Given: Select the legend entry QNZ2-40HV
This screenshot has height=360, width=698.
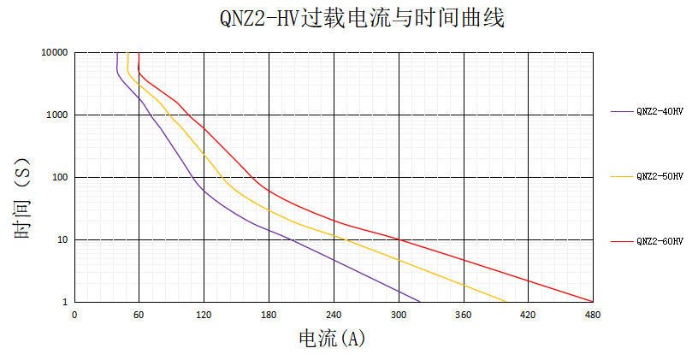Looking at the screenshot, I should point(660,111).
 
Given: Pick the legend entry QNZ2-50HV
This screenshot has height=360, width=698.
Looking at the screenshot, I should point(660,176).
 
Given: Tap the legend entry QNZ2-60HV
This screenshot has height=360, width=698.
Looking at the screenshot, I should point(660,242).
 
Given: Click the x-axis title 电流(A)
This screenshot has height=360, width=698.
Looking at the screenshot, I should point(332,339).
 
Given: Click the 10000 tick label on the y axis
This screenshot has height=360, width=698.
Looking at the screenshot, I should point(54,53).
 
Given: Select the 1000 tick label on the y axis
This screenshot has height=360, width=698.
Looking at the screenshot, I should point(56,115).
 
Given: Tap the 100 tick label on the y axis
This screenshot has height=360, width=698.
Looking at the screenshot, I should point(59,178).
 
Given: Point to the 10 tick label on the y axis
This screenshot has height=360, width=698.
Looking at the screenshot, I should point(62,240).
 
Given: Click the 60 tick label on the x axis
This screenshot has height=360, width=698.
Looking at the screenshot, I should point(139,315).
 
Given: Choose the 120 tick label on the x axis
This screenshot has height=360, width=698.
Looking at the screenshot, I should point(204,315).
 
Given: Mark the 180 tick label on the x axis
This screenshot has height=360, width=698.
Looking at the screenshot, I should point(269,315).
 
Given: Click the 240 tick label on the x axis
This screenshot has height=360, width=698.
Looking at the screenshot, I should point(334,315).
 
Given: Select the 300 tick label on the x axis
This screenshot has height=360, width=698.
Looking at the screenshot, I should point(399,315).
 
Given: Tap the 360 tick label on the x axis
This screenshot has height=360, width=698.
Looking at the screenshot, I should point(463,315).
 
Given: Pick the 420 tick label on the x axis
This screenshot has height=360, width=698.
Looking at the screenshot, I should point(528,315).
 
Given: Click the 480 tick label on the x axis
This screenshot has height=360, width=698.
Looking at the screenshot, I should point(593,315).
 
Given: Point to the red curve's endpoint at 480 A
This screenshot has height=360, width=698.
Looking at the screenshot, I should point(592,302).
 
